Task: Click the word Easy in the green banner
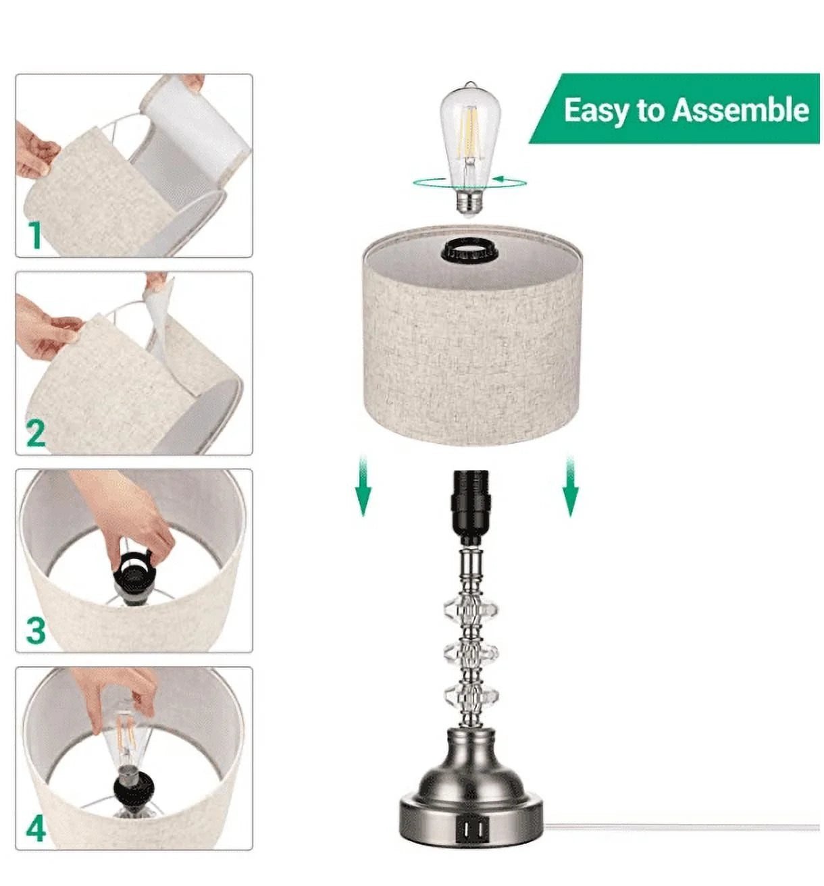point(595,110)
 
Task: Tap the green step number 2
point(36,432)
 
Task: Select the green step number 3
point(36,630)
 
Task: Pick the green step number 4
point(36,828)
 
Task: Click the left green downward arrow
point(363,486)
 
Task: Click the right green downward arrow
point(571,486)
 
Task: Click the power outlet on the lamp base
point(470,827)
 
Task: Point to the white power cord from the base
point(675,826)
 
